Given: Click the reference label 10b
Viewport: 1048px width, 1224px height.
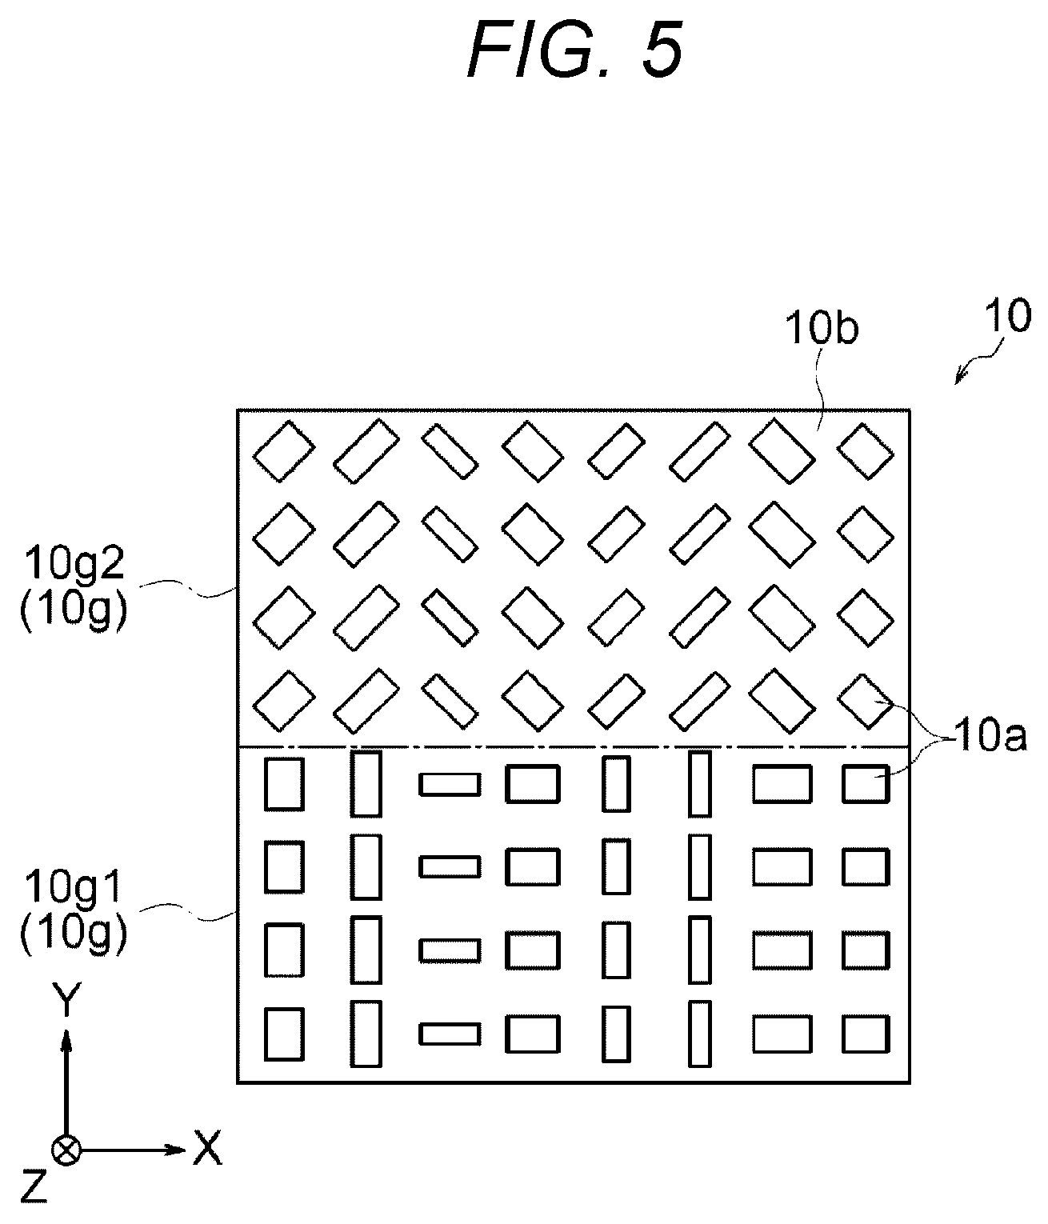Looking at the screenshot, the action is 822,329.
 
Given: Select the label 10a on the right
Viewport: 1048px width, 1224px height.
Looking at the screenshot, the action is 990,738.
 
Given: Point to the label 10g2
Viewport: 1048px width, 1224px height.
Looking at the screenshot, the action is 74,564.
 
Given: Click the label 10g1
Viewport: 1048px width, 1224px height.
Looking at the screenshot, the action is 74,888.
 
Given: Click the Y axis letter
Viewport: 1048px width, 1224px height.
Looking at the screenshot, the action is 66,999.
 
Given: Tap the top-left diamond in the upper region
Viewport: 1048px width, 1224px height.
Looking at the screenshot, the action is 284,451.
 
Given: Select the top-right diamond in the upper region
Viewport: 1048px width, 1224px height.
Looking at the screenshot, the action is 865,451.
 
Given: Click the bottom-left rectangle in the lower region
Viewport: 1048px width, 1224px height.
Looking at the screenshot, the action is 284,1034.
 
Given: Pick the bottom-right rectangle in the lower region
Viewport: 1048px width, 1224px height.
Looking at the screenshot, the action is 866,1034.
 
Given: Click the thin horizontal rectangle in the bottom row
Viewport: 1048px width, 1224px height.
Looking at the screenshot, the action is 450,1034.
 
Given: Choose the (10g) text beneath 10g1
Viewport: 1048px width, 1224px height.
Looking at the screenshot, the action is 74,934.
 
